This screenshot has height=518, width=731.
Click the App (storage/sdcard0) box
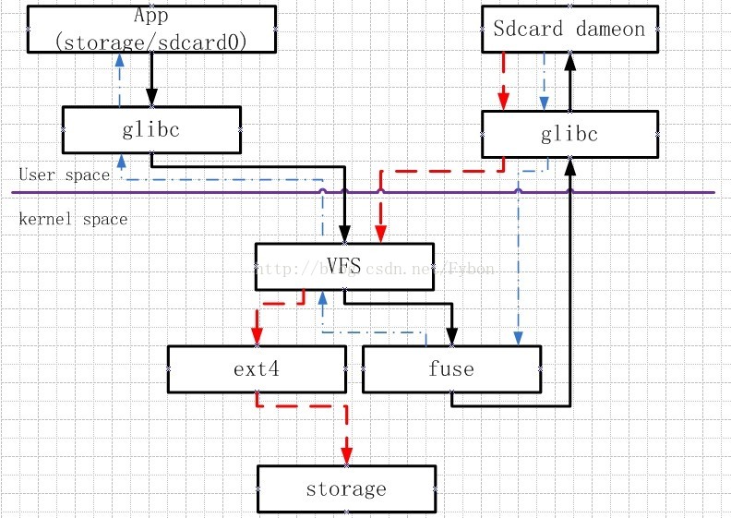click(x=152, y=30)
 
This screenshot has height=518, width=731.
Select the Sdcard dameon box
click(x=569, y=29)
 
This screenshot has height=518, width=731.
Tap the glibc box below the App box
click(x=151, y=129)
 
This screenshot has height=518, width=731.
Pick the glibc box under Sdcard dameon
click(x=569, y=135)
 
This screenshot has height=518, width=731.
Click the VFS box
click(x=343, y=267)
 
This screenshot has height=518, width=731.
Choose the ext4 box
click(x=257, y=369)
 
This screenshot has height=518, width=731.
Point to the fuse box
click(x=451, y=369)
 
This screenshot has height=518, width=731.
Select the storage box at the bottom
click(x=346, y=488)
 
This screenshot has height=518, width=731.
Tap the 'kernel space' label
click(x=73, y=219)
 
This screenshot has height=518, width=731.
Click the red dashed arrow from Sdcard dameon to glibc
click(x=504, y=81)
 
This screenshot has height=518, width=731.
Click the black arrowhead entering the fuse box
click(x=452, y=336)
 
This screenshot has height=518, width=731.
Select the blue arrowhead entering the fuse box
click(x=518, y=336)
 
